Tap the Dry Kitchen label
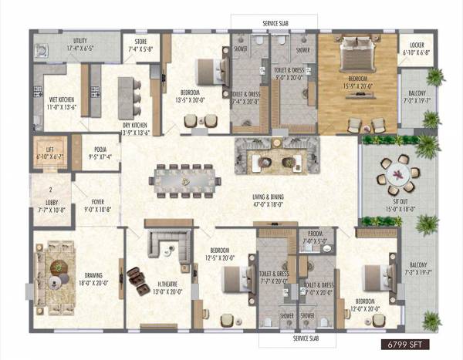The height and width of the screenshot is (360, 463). click(x=135, y=127)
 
